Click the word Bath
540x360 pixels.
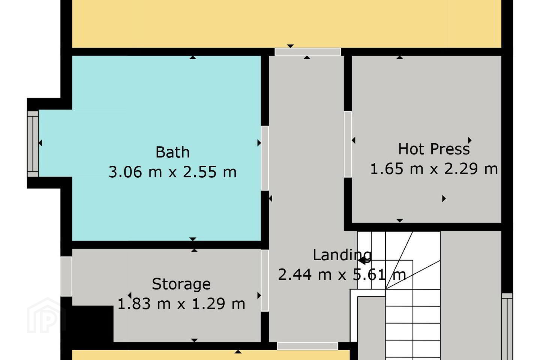tap(172, 152)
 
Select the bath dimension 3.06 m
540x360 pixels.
tap(135, 172)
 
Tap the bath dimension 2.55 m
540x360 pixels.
tap(210, 172)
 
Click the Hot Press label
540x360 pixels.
tap(434, 149)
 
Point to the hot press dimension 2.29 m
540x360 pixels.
tap(471, 168)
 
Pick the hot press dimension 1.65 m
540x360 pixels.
tap(397, 168)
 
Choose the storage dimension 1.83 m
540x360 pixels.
tap(144, 304)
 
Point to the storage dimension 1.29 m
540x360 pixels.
tap(218, 304)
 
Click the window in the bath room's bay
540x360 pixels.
tap(33, 144)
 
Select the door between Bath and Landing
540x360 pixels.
tap(265, 158)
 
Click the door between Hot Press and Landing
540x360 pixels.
tap(348, 144)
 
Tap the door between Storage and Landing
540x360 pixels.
tap(265, 280)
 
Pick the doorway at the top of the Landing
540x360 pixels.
tap(307, 52)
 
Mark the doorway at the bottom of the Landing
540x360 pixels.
tap(307, 346)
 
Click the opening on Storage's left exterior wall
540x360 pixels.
tap(66, 277)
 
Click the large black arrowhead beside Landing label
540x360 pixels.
tap(362, 261)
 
